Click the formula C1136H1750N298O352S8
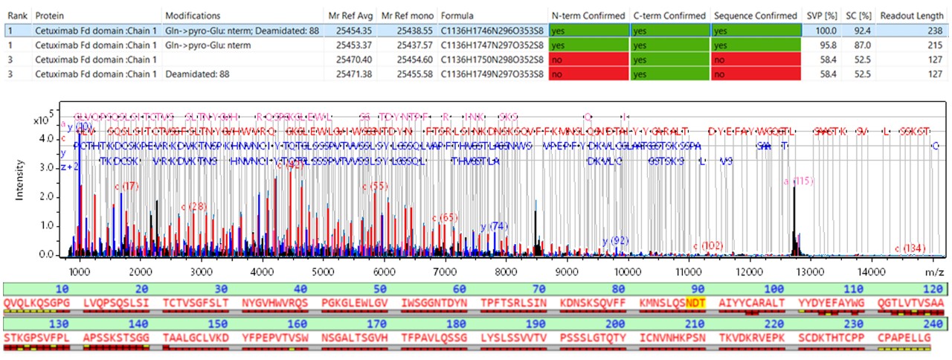pos(491,59)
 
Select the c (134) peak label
pos(910,248)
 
